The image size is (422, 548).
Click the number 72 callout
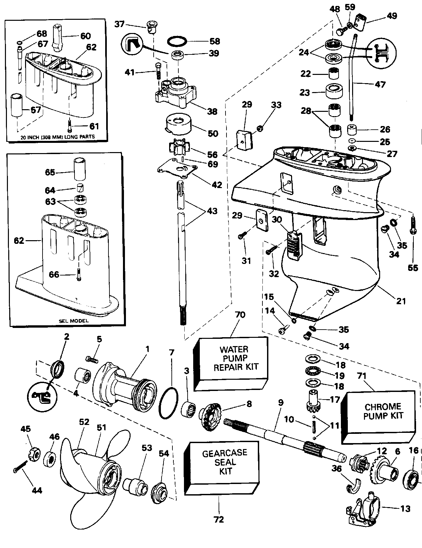click(x=219, y=520)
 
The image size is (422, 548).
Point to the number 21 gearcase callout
click(x=401, y=301)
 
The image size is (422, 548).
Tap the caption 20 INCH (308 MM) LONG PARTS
click(x=56, y=137)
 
